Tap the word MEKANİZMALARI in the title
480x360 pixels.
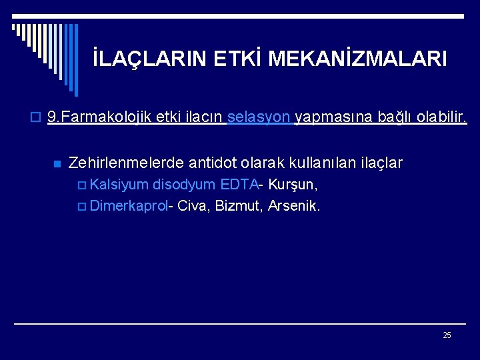point(357,59)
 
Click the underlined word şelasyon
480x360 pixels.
point(259,118)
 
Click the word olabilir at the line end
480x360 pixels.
point(443,118)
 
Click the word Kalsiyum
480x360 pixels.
point(119,184)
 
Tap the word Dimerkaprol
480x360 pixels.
point(129,205)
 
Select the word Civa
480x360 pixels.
point(193,205)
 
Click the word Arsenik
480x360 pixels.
point(294,205)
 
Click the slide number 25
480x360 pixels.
point(447,335)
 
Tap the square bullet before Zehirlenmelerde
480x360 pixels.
point(57,163)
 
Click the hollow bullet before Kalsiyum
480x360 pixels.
point(83,185)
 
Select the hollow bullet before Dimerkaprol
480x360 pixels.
point(83,206)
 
